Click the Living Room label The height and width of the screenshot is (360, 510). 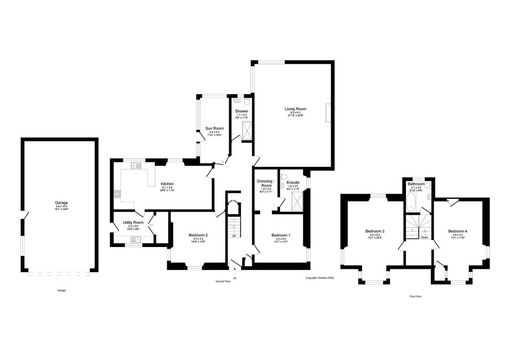coord(295,109)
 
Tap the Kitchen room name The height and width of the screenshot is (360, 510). coord(167,184)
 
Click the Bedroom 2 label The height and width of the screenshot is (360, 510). coord(198,235)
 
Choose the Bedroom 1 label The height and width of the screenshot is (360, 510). coord(280,235)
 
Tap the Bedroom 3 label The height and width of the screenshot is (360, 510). coord(375,231)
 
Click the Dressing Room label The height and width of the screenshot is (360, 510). coord(264,183)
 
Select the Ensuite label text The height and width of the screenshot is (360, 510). coord(293,183)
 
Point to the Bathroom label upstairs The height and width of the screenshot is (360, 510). coord(416,184)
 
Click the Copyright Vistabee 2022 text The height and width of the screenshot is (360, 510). coord(319,278)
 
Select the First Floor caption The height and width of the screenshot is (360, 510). coord(416,296)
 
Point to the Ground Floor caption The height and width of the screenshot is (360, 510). coord(223,281)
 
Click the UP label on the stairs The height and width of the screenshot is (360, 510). coord(234,236)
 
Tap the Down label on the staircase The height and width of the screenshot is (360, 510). coord(424,238)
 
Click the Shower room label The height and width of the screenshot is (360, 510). coord(242,111)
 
